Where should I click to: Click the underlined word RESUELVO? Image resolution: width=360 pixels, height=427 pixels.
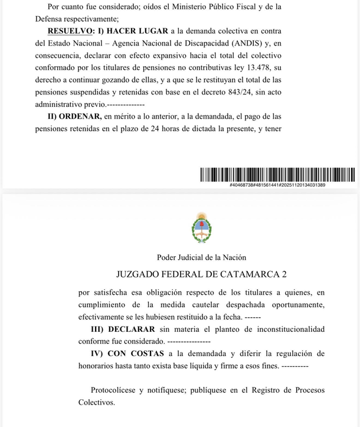70,30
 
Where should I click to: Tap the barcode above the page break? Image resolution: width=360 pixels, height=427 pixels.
277,175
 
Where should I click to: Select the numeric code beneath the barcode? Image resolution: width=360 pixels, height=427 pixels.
277,185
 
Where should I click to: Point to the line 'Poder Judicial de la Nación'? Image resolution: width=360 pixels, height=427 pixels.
201,257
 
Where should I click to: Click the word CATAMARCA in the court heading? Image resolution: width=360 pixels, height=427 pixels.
247,274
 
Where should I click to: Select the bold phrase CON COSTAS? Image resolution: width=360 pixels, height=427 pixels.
136,354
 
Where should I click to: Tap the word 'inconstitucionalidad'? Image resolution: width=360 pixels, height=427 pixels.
290,329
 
